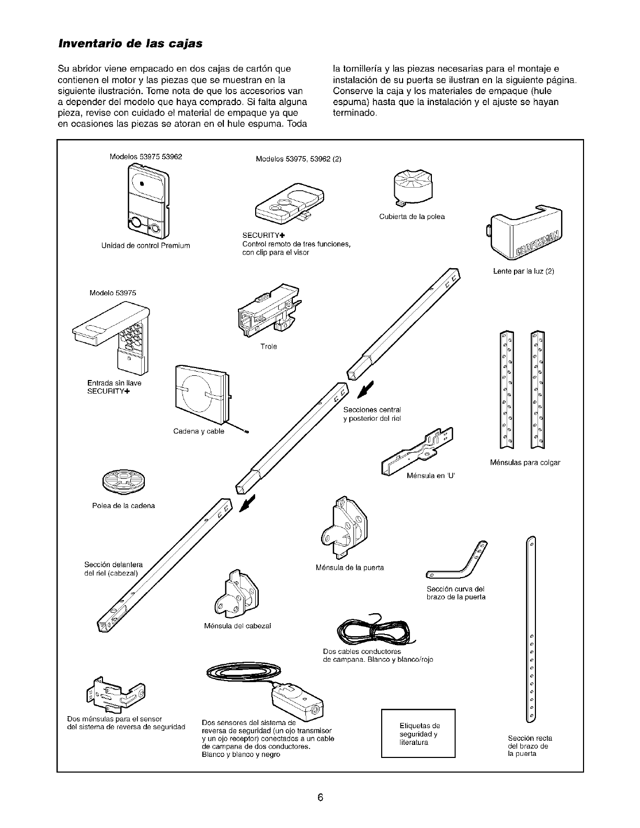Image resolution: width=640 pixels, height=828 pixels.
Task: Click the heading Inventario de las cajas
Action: coord(129,43)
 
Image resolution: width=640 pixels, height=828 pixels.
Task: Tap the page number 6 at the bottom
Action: coord(320,797)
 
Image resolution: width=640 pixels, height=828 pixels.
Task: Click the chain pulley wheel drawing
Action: coord(125,480)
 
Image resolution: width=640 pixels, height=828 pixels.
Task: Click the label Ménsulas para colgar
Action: coord(525,463)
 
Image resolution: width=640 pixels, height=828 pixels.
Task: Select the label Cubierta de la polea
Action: coord(412,216)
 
